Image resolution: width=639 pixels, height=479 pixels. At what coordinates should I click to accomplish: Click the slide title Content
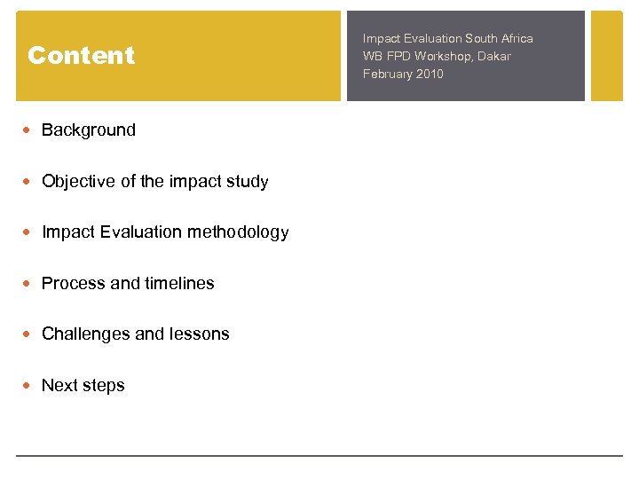[81, 56]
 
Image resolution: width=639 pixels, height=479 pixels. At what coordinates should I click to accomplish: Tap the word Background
[89, 130]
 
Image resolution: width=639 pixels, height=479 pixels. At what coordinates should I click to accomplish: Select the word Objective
[78, 182]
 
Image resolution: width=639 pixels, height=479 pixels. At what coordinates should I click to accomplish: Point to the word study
[246, 182]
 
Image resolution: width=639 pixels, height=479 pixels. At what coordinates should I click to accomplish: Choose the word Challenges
[86, 334]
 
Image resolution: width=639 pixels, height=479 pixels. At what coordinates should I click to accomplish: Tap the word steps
[104, 386]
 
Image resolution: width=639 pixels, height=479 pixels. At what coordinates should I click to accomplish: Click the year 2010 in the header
[429, 74]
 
